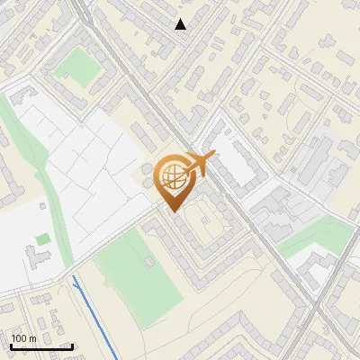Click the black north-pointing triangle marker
pos(181,24)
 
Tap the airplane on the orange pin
pos(201,163)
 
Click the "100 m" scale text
pos(23,338)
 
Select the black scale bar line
pos(41,346)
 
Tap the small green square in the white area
pos(42,239)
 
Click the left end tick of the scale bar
pos(11,346)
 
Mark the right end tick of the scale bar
pos(72,346)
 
